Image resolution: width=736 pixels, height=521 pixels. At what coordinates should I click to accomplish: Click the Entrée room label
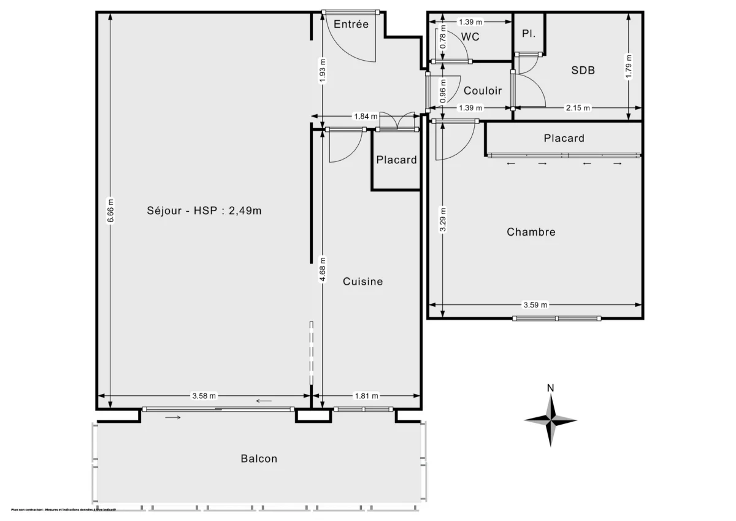point(351,25)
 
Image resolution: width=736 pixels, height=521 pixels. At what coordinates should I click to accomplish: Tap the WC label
point(470,37)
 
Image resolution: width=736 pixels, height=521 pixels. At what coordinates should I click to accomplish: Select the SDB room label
point(583,71)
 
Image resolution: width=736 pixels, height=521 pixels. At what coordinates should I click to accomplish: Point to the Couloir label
point(483,91)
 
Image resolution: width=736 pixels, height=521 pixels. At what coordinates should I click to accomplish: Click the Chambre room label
point(531,232)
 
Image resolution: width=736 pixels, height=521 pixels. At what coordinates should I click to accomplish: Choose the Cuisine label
point(362,282)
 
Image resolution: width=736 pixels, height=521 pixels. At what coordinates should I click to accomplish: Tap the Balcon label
point(259,458)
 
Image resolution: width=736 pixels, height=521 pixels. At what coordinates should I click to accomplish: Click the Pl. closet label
point(529,34)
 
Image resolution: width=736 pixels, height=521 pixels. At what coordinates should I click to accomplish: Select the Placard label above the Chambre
point(564,139)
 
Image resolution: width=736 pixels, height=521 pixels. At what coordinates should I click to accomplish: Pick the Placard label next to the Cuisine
point(396,160)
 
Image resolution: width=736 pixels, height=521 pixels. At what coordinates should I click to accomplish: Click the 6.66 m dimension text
point(110,212)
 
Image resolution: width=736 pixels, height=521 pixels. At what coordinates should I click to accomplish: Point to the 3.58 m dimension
point(204,396)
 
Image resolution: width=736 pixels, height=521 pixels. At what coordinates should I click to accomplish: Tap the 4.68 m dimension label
point(322,270)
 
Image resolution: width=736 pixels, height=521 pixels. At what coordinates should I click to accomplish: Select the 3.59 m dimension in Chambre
point(535,304)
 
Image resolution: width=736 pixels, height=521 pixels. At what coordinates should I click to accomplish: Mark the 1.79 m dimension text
point(628,66)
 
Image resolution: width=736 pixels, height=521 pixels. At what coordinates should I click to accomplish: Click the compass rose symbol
point(551,420)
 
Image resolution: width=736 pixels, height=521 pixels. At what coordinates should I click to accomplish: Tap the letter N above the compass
point(551,388)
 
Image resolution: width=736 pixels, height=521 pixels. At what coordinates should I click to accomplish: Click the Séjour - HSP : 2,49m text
point(204,210)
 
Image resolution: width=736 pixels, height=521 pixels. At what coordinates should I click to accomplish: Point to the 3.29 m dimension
point(443,220)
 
